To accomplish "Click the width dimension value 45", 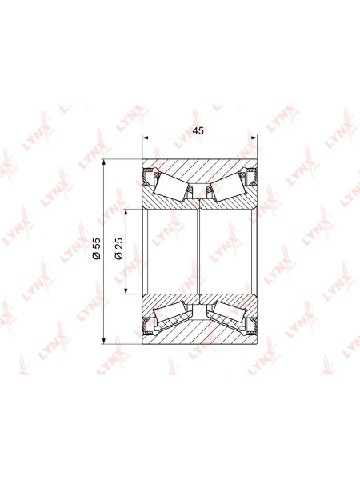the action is click(198, 130).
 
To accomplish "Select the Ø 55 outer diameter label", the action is click(97, 249).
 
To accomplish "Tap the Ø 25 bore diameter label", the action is click(118, 249).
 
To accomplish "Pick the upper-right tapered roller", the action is click(229, 186).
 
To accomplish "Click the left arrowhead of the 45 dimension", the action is click(146, 138).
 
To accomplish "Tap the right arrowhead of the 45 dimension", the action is click(254, 138).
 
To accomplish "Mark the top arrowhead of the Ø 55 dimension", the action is click(104, 162).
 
